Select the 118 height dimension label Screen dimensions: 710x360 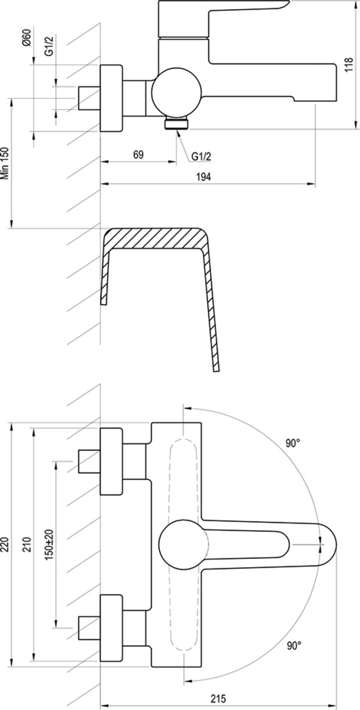(348, 65)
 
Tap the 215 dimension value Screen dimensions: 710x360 (218, 699)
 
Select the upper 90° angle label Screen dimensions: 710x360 (293, 443)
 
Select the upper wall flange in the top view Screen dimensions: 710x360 (111, 461)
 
